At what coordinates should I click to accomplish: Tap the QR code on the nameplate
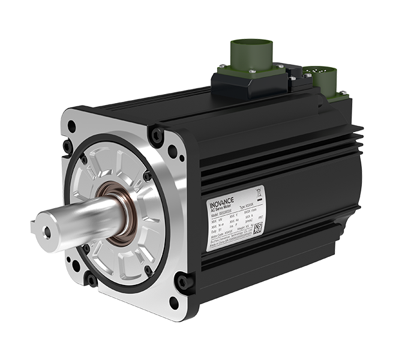[258, 227]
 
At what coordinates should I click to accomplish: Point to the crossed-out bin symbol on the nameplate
[259, 193]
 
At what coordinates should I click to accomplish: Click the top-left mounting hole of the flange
[72, 127]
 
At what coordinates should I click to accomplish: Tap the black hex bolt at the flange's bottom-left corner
[91, 279]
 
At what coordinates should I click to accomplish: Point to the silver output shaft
[78, 219]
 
